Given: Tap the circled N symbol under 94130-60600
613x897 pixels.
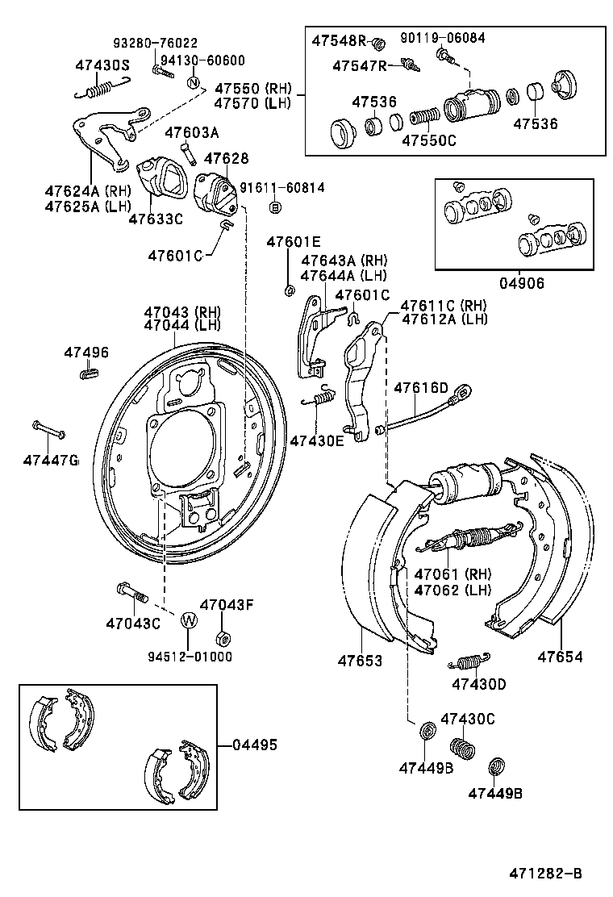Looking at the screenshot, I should [194, 82].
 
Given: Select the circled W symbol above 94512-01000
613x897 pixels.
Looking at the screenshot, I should [189, 620].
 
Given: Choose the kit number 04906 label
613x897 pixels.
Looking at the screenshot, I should [521, 283].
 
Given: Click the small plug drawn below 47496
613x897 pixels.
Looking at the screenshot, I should [89, 372].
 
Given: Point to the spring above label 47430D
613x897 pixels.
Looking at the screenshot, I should [465, 661].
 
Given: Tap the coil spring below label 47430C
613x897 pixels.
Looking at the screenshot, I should [463, 747].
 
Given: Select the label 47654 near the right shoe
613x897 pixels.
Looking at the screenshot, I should [560, 656].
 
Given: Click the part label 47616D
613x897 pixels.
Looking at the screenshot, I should [420, 389].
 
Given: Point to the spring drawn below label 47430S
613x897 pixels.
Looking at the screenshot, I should [98, 88].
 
